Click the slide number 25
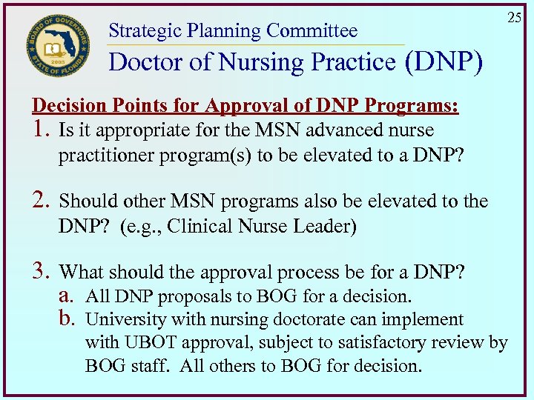pyautogui.click(x=514, y=17)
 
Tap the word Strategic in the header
pyautogui.click(x=145, y=30)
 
